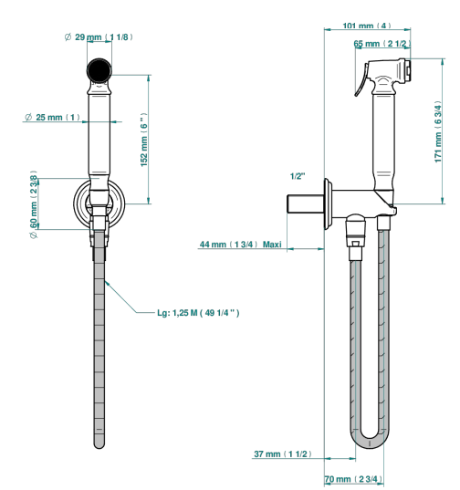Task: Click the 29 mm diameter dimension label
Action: point(99,37)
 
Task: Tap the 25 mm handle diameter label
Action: point(52,117)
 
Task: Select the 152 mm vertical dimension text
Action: point(144,140)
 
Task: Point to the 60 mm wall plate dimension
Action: point(34,204)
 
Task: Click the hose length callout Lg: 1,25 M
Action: point(198,313)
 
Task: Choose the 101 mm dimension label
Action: point(367,26)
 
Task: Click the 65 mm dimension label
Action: point(382,44)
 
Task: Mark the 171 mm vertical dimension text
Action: point(438,131)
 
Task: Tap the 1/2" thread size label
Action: point(298,176)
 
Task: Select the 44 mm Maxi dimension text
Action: point(240,244)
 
